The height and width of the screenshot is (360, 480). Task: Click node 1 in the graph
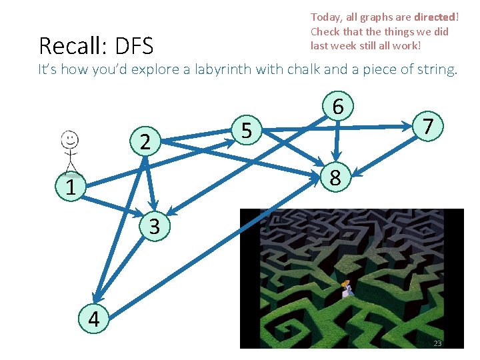tap(70, 188)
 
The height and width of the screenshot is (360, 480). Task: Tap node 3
tap(154, 227)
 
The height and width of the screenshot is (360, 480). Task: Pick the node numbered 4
tap(93, 319)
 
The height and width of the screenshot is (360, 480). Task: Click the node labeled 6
tap(338, 107)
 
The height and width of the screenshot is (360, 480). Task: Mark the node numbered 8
tap(335, 177)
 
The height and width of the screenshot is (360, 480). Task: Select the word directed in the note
tap(435, 17)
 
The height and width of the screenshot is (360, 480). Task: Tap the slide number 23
tap(437, 343)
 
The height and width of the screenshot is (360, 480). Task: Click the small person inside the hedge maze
tap(345, 289)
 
